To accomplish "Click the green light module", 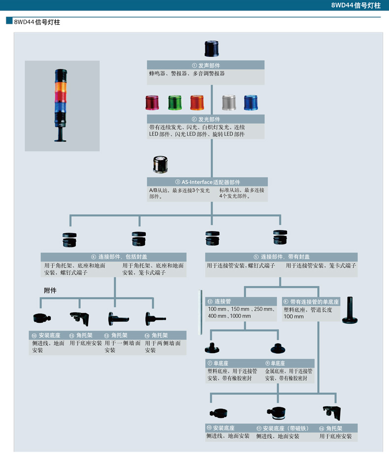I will (x=175, y=103).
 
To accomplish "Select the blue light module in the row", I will (x=251, y=103).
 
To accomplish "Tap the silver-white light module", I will (x=228, y=103).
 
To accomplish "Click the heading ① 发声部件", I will (x=206, y=65).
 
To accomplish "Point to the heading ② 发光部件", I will (x=206, y=119).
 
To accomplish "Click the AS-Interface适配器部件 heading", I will (x=207, y=182).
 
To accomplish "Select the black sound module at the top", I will (x=211, y=49).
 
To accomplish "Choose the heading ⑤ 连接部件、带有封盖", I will (x=281, y=257).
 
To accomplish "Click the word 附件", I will (x=50, y=290).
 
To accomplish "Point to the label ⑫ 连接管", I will (x=219, y=301).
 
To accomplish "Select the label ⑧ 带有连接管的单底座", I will (x=311, y=301).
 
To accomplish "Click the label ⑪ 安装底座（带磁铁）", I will (x=282, y=428).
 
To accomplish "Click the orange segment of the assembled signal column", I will (x=62, y=86).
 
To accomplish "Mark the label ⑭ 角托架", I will (x=154, y=335).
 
